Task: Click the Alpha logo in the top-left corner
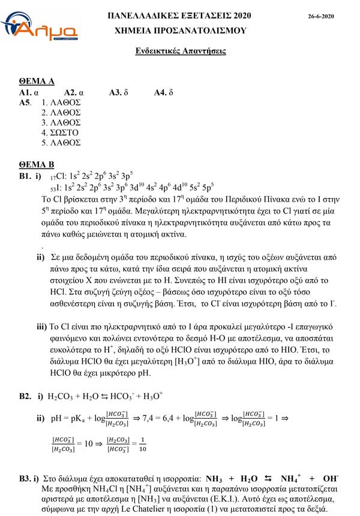(x=37, y=26)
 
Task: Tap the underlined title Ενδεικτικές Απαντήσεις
(x=180, y=51)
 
